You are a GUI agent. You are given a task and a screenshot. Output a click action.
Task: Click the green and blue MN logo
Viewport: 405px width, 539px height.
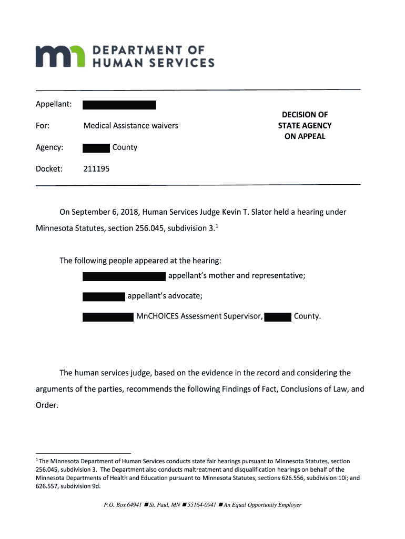tap(60, 56)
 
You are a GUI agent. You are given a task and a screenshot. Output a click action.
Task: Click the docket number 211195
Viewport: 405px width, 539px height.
tap(97, 169)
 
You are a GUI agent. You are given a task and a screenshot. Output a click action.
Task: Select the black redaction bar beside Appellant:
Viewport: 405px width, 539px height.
tap(119, 105)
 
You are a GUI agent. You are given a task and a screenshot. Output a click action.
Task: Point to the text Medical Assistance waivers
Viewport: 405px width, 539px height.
tap(130, 125)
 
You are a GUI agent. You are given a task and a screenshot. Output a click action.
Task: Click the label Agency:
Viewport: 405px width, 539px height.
tap(49, 147)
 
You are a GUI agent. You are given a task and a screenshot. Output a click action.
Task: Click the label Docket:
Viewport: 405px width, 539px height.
tap(49, 169)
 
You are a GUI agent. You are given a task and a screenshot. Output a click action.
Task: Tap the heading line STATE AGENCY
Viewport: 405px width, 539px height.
tap(305, 125)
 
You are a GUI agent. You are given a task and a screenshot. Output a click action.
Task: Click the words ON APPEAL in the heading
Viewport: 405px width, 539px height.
tap(305, 136)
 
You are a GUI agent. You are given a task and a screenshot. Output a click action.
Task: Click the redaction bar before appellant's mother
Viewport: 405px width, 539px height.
tap(124, 276)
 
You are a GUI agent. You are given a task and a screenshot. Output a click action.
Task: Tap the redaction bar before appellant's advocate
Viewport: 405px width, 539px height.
tap(104, 296)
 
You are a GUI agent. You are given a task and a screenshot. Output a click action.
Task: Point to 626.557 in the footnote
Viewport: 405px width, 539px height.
tap(47, 486)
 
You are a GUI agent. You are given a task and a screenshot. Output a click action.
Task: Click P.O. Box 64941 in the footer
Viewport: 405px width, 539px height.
tap(123, 505)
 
